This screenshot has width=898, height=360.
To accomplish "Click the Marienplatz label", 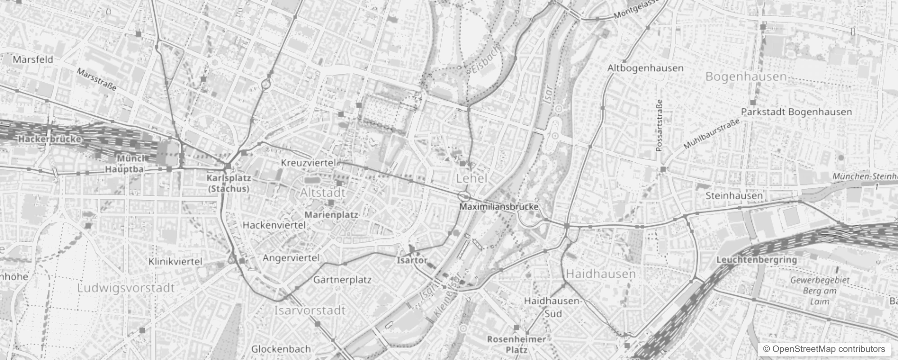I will click(x=332, y=215).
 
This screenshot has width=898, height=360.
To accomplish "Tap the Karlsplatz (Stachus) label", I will click(x=229, y=183).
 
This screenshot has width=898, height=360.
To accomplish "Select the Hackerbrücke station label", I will click(x=49, y=139).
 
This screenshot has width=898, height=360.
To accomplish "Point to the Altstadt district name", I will click(x=323, y=193).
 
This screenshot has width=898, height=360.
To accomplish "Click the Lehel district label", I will click(x=471, y=179).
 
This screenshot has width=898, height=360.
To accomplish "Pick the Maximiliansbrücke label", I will click(x=498, y=207).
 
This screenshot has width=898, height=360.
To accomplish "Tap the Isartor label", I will click(x=412, y=260).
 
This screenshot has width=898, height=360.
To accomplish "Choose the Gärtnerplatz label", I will click(x=342, y=280).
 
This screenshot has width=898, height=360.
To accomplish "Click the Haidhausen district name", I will click(x=601, y=274).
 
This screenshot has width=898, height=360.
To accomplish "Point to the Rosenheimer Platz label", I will click(x=516, y=344).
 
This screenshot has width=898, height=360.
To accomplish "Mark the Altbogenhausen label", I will click(x=645, y=68).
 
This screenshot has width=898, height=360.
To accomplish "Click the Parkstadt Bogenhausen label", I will click(x=796, y=112).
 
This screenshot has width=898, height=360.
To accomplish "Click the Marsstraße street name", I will click(x=97, y=79).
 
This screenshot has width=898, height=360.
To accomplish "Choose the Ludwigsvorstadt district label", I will click(x=126, y=288).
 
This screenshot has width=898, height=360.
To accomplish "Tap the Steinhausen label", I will click(x=734, y=196).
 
